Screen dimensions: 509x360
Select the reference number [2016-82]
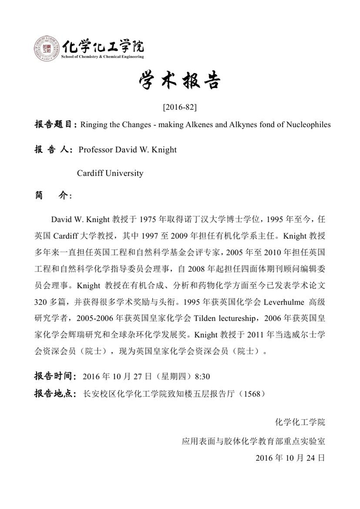pos(179,108)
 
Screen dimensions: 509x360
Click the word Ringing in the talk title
pos(95,125)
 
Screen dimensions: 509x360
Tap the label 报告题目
pos(55,125)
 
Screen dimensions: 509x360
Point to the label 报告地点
pos(55,394)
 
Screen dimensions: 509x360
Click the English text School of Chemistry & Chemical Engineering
pos(102,57)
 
